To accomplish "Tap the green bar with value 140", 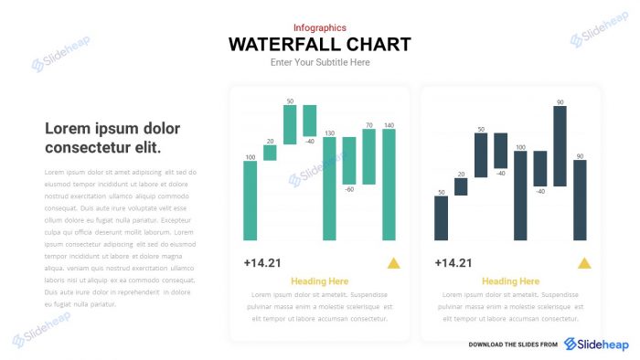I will click(x=389, y=184).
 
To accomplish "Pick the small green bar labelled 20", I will click(x=270, y=153).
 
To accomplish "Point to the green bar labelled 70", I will click(x=369, y=154).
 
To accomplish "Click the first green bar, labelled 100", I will click(x=251, y=201).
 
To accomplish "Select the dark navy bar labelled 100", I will click(x=520, y=196).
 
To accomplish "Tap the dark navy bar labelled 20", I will click(x=461, y=186).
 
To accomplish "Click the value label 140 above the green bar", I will click(x=389, y=125).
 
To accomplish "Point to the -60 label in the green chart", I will click(x=349, y=189).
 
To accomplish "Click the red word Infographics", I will click(x=320, y=28).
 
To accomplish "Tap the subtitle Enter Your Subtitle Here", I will click(x=320, y=62).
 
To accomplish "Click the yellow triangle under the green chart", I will click(x=393, y=263).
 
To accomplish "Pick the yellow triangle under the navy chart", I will click(x=584, y=263).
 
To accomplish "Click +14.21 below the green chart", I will click(x=262, y=263).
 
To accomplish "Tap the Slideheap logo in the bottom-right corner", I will click(x=596, y=344).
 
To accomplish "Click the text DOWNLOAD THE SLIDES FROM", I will click(x=513, y=344).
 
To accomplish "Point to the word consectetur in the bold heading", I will click(x=88, y=148).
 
